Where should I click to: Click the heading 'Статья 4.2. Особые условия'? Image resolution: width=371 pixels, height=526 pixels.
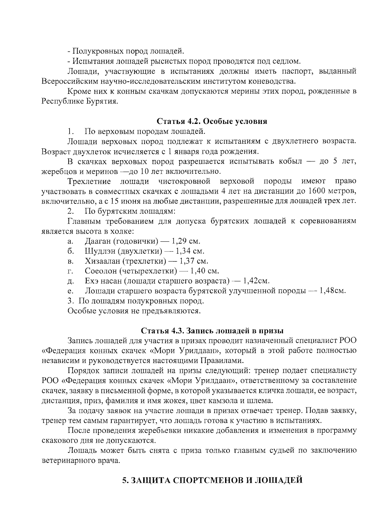click(212, 121)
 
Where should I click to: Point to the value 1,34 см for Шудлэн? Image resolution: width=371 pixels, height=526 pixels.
click(190, 251)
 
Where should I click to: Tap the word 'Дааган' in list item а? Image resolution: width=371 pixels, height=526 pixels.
click(97, 241)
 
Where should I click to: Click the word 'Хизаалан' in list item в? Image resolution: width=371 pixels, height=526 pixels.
click(101, 261)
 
